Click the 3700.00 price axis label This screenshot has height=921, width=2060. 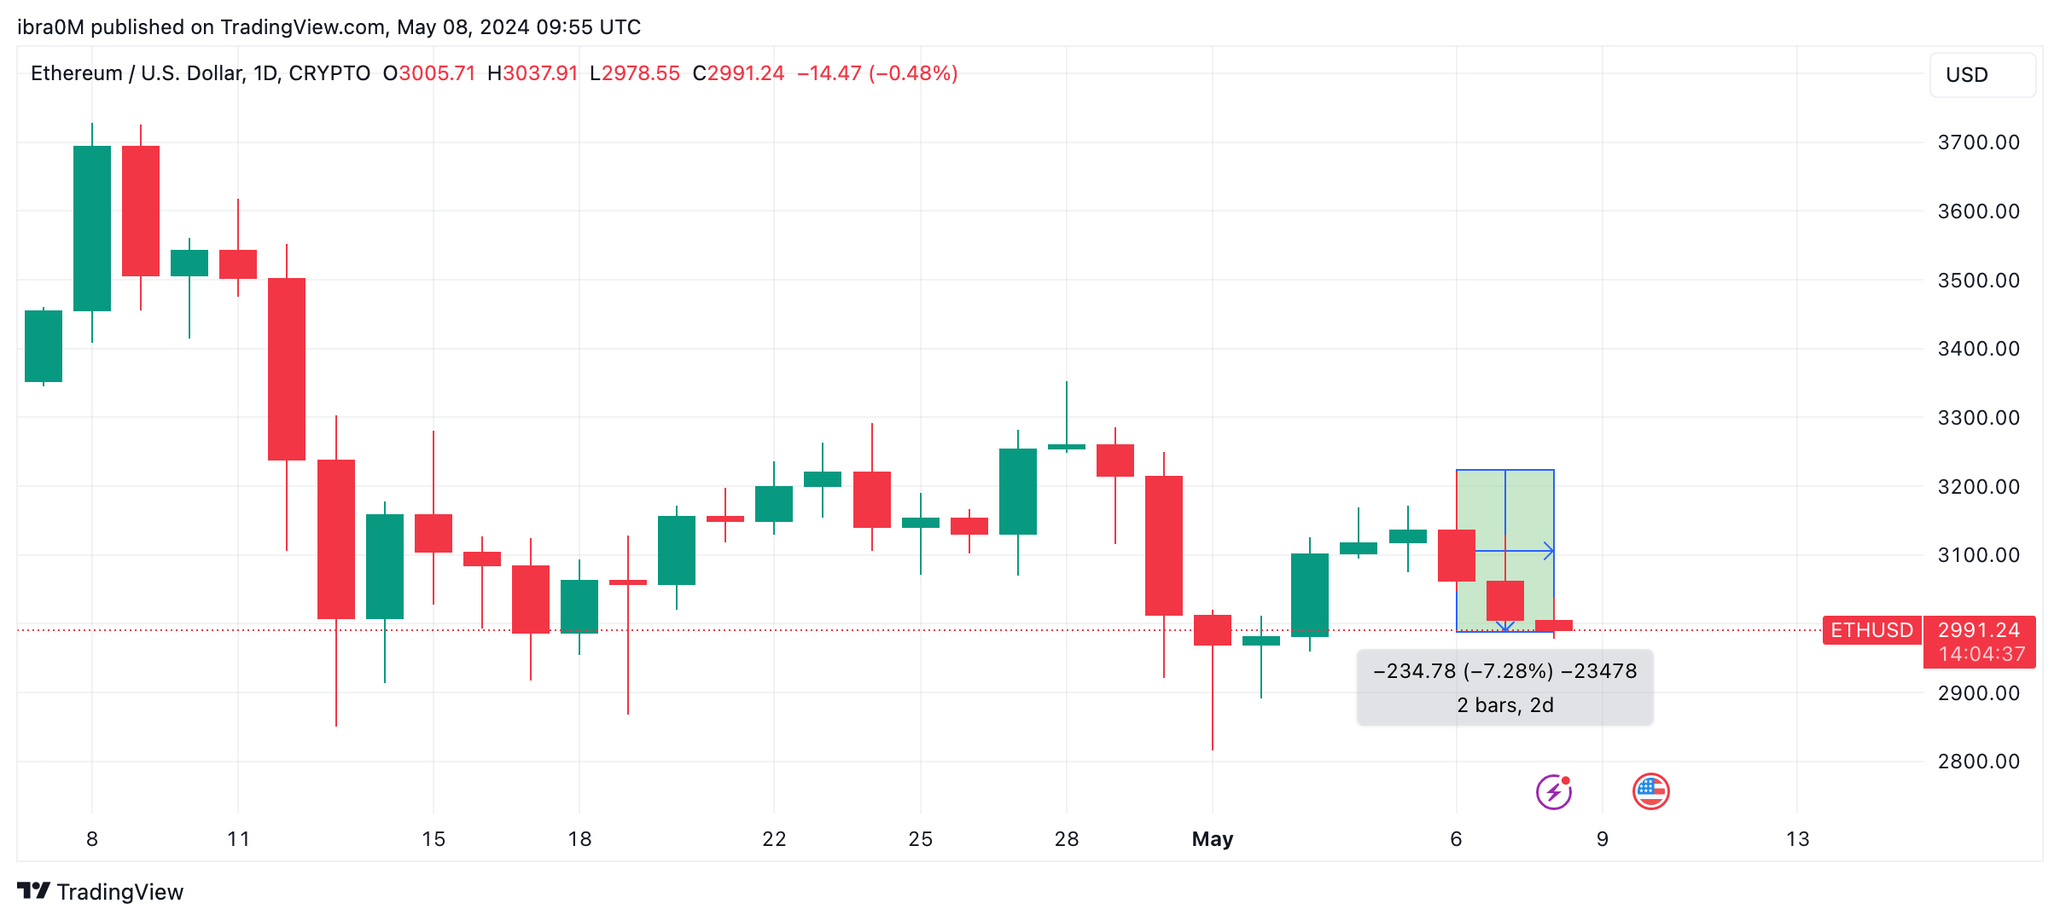(x=1978, y=142)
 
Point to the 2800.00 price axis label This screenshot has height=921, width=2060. (x=1978, y=762)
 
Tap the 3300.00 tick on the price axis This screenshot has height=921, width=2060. (x=1978, y=418)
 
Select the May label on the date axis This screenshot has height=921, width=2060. (x=1212, y=839)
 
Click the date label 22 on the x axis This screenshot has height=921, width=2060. (x=774, y=839)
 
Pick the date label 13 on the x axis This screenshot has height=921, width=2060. (x=1797, y=839)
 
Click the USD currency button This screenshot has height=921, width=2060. (x=1981, y=75)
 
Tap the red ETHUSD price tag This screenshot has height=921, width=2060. (x=1871, y=630)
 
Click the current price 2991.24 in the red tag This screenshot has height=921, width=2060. (x=1978, y=630)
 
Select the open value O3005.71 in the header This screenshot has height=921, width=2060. (x=429, y=73)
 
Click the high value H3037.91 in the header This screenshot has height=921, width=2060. (x=532, y=73)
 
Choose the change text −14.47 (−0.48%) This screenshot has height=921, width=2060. (x=877, y=73)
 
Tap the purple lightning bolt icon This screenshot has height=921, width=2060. (x=1553, y=791)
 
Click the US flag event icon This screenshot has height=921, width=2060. (x=1650, y=791)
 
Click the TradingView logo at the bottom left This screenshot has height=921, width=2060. (x=100, y=892)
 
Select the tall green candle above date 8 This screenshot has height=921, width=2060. (x=92, y=229)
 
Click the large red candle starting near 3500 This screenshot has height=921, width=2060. (x=287, y=369)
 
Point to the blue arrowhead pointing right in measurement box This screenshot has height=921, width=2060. (x=1549, y=551)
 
